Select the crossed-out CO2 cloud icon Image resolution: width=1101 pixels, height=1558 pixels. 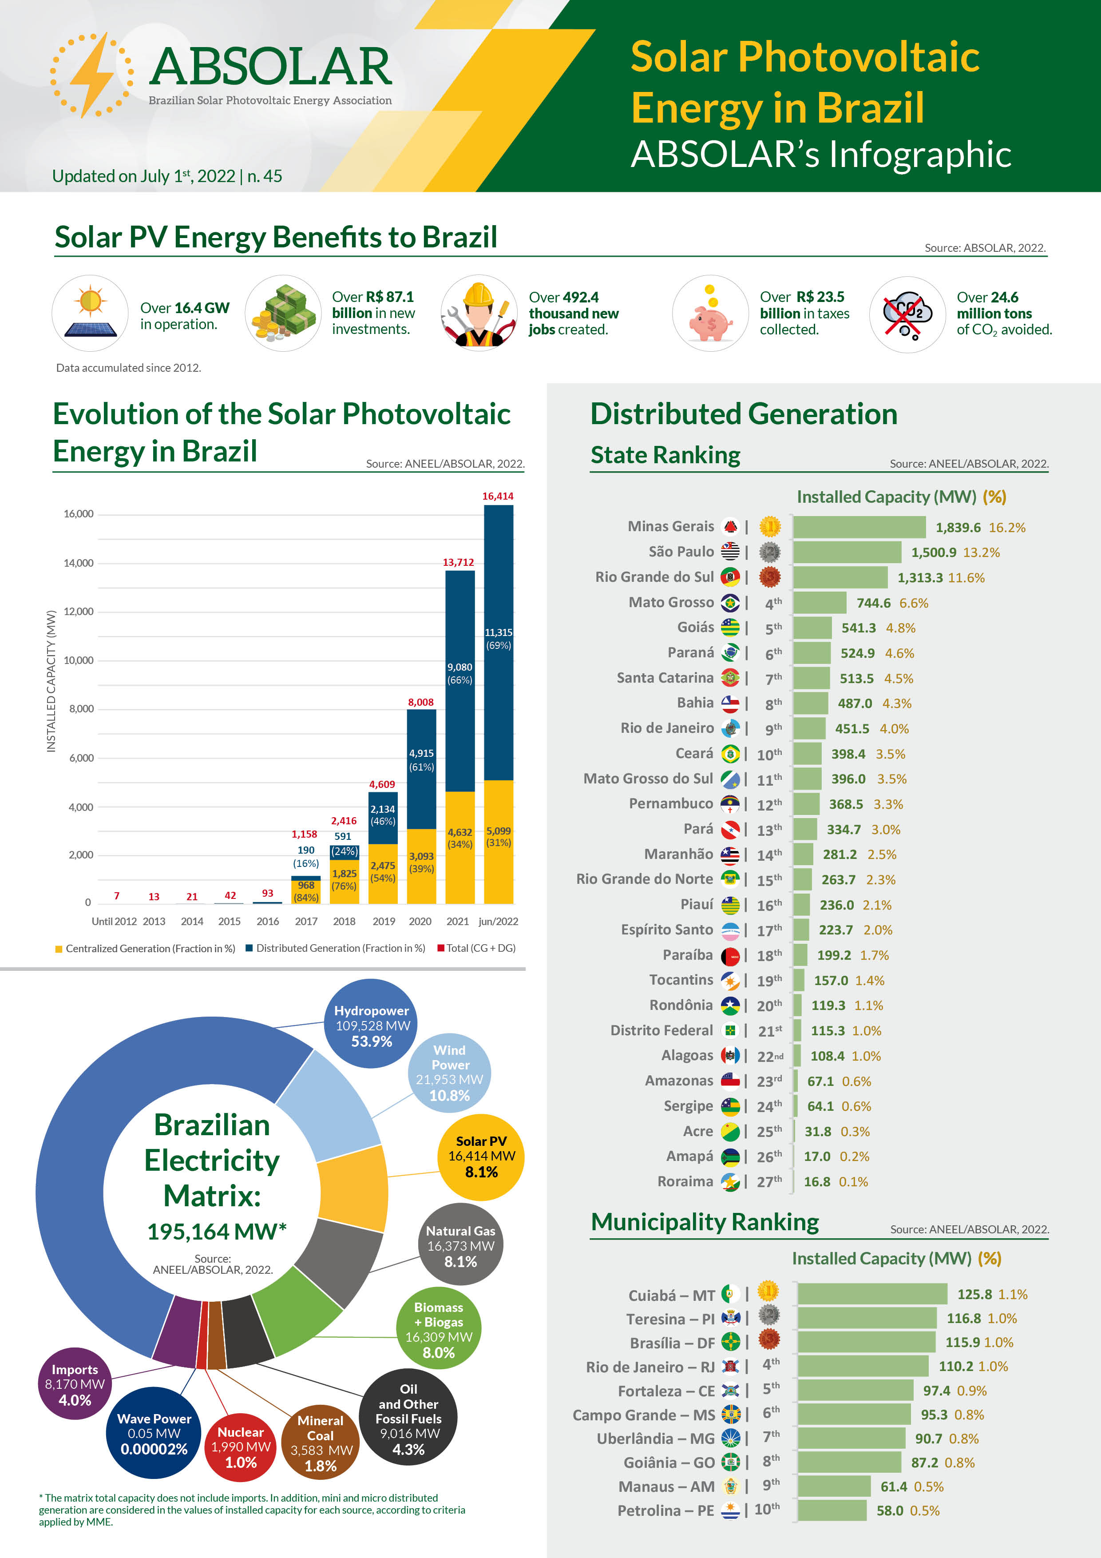[907, 314]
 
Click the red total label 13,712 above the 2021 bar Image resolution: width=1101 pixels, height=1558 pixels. [459, 563]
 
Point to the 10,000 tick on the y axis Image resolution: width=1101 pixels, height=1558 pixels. [79, 660]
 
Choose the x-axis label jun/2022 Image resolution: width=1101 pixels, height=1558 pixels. [498, 922]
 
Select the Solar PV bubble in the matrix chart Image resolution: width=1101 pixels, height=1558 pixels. [481, 1157]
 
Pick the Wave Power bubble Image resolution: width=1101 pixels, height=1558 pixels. [154, 1433]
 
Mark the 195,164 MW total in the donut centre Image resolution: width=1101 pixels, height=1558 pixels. [216, 1232]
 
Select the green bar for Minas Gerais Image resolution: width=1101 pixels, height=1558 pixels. [859, 527]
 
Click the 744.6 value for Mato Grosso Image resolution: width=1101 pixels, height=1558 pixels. [873, 603]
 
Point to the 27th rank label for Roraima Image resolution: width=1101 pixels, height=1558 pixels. [768, 1181]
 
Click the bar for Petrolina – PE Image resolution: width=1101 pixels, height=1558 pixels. [832, 1510]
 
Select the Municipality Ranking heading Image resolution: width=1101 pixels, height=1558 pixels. [705, 1222]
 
